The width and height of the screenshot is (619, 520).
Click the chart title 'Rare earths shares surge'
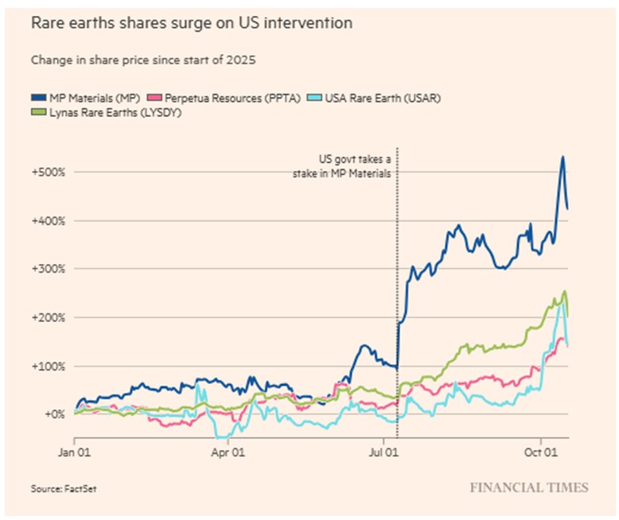point(191,23)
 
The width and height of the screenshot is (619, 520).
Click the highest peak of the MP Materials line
point(562,157)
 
